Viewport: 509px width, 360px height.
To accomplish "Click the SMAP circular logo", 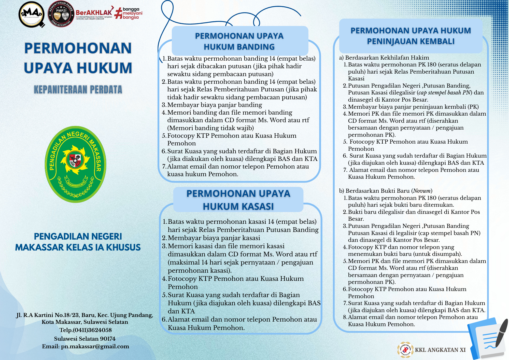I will pos(32,14).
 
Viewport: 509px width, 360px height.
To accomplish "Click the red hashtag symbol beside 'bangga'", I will pos(118,13).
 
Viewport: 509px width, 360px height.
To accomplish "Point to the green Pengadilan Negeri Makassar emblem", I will pos(76,164).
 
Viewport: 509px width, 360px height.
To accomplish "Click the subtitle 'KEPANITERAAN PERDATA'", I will pos(78,90).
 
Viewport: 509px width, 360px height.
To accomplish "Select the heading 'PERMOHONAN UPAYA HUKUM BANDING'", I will pos(239,41).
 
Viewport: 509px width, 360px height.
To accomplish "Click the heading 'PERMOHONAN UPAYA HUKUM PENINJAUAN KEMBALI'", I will pos(411,36).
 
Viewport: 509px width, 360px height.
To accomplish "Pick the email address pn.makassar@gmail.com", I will pos(95,347).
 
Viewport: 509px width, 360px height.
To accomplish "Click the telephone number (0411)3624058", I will pos(92,330).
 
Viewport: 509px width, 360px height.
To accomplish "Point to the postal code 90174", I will pos(108,339).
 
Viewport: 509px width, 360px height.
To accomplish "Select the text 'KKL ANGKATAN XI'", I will pos(440,350).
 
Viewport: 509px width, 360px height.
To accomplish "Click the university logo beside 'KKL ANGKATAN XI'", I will pos(405,350).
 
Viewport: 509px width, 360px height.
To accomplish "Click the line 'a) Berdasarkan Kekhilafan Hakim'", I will pos(384,58).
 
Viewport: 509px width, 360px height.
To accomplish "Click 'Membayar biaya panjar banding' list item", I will pos(215,105).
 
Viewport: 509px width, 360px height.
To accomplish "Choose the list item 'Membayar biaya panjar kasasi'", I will pos(214,238).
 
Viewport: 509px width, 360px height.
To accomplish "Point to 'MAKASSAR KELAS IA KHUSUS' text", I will pos(78,247).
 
